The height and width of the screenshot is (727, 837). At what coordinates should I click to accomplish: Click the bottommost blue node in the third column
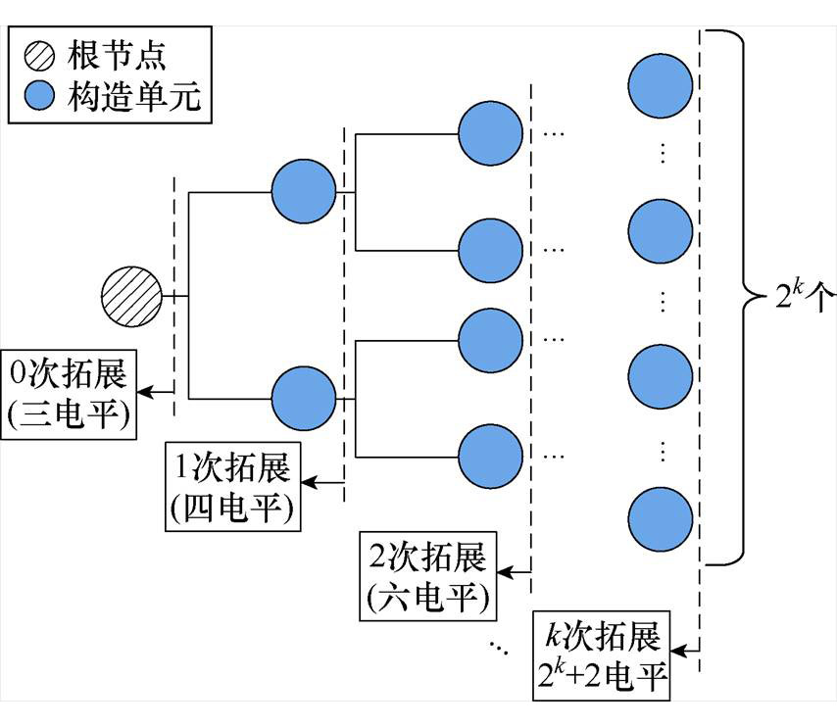click(490, 456)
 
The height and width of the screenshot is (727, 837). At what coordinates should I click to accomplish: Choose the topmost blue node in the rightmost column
click(659, 84)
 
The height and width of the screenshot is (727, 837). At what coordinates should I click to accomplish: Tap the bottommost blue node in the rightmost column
click(659, 518)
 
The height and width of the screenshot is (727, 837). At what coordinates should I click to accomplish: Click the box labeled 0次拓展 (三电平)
click(69, 392)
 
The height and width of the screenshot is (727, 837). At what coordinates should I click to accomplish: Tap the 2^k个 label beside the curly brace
click(800, 295)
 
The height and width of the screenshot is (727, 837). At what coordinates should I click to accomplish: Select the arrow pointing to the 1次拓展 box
click(323, 481)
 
